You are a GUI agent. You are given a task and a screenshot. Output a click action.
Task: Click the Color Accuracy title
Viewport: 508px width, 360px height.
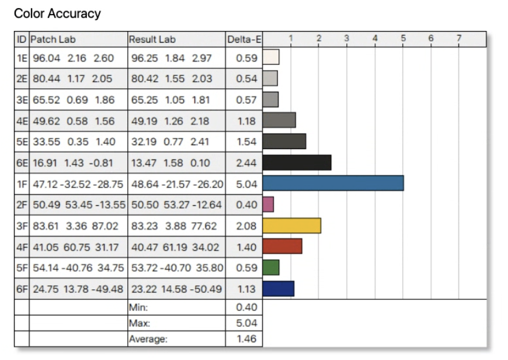click(57, 13)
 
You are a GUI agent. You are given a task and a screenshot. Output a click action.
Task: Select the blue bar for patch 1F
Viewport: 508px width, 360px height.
click(333, 183)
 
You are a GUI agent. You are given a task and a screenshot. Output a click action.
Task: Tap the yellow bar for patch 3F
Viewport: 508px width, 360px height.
click(291, 225)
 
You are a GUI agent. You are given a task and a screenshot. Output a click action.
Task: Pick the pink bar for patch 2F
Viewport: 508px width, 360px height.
click(268, 204)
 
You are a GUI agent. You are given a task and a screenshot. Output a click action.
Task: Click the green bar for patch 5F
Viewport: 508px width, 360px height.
click(271, 267)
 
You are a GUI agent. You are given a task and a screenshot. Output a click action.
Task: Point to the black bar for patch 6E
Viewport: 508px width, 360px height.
click(297, 162)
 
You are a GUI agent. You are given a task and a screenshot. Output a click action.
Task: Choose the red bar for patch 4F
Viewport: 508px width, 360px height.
click(282, 246)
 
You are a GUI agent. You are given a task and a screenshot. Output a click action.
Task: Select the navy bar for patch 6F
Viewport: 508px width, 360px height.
click(278, 288)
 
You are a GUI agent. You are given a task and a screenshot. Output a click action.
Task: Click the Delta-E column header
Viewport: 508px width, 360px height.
click(243, 40)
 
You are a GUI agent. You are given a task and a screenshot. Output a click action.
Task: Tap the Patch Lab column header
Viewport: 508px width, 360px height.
click(53, 40)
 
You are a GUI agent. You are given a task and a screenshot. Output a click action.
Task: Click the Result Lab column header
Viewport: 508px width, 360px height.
click(152, 40)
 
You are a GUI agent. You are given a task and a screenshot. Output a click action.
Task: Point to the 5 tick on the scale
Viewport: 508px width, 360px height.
click(403, 39)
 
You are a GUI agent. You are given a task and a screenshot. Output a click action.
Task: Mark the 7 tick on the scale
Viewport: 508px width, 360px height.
click(459, 39)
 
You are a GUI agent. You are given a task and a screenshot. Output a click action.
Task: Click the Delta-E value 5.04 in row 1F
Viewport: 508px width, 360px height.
click(246, 184)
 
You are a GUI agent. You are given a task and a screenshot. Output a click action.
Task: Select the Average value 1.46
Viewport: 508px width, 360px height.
click(246, 338)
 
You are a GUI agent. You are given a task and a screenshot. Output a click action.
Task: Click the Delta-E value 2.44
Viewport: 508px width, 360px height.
click(246, 162)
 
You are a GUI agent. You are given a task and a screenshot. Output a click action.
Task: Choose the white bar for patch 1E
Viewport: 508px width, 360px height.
click(271, 57)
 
